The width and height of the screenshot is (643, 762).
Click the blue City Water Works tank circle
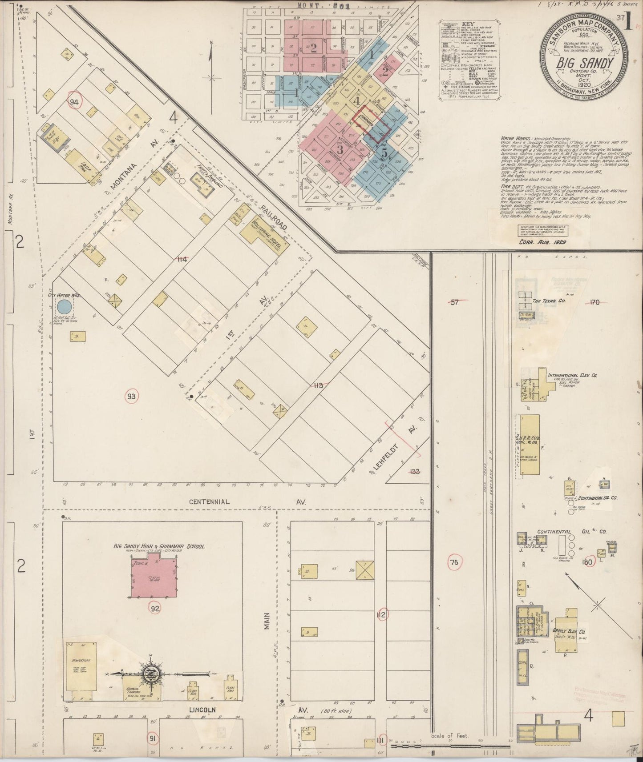coord(64,306)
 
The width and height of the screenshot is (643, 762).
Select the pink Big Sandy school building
coord(154,578)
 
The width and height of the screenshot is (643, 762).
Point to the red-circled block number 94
coord(74,102)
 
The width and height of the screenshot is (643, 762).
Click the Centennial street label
coord(209,501)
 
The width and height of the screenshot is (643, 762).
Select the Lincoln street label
coord(202,710)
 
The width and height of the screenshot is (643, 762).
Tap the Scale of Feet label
coord(449,736)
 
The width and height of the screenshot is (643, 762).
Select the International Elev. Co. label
coord(572,375)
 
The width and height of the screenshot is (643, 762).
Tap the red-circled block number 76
coord(454,562)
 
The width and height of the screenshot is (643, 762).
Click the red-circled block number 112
coord(382,615)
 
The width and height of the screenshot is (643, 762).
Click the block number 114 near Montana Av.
coord(182,259)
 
